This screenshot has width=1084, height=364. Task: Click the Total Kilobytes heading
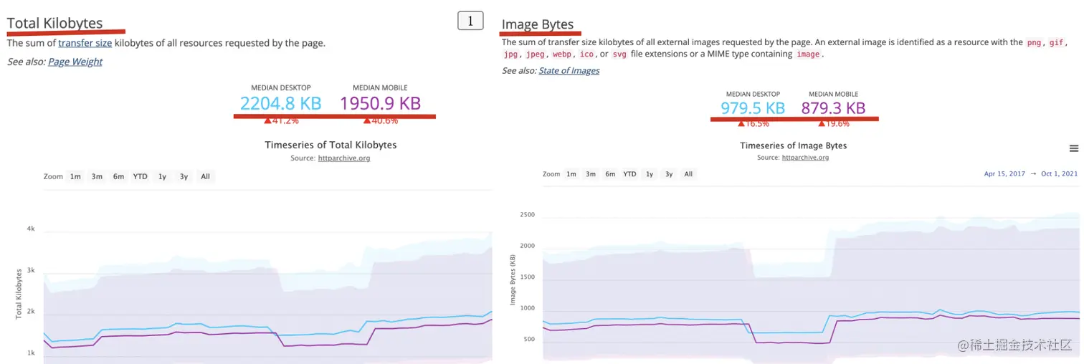tap(55, 23)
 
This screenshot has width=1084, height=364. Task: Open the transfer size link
tap(85, 43)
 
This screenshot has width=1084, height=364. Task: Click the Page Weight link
tap(75, 62)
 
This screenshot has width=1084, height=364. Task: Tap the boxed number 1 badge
tap(470, 21)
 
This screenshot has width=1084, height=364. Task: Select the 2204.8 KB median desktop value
tap(280, 104)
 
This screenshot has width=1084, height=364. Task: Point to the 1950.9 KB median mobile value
tap(380, 104)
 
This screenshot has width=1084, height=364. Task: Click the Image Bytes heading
tap(538, 24)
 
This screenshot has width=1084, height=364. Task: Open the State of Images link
tap(569, 70)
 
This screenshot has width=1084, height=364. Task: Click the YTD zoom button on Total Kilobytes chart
tap(141, 176)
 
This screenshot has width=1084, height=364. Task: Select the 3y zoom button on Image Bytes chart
tap(669, 174)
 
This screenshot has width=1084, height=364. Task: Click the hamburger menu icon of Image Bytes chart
tap(1073, 148)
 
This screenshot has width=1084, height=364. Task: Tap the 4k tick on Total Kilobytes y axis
tap(31, 229)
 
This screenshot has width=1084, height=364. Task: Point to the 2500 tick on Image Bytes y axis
tap(527, 214)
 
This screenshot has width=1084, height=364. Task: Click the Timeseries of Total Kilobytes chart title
tap(331, 145)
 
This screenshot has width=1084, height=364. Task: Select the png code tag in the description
tap(1034, 42)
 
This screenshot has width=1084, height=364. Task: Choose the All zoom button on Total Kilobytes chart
tap(206, 176)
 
